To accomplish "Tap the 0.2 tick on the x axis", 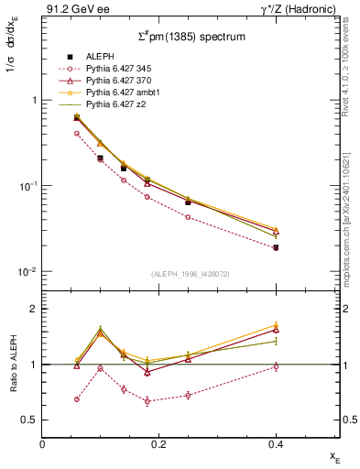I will pos(159,445).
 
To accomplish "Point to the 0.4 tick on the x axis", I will pos(276,445).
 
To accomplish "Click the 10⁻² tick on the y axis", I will pos(28,272).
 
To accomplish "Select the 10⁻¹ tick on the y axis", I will pos(28,186).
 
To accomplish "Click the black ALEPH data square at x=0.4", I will pos(276,247).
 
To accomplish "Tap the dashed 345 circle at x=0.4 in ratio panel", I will pos(276,366).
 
